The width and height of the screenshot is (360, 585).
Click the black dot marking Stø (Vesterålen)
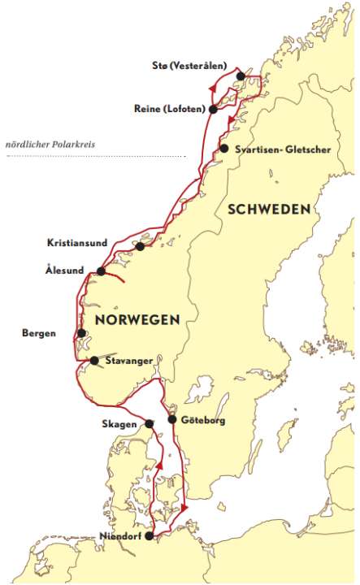(x=241, y=76)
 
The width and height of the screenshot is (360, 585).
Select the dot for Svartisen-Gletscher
(x=224, y=149)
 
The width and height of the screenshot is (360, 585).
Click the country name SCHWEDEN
(x=269, y=209)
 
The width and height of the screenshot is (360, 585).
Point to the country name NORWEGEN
(x=137, y=319)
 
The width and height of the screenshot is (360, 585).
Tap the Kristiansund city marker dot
(x=141, y=246)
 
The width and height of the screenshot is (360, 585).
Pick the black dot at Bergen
(x=81, y=333)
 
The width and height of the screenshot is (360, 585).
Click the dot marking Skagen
(x=150, y=423)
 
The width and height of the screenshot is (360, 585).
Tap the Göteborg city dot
(x=171, y=419)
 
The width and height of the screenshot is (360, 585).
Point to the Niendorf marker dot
(x=148, y=535)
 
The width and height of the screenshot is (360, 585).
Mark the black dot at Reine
(x=213, y=108)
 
